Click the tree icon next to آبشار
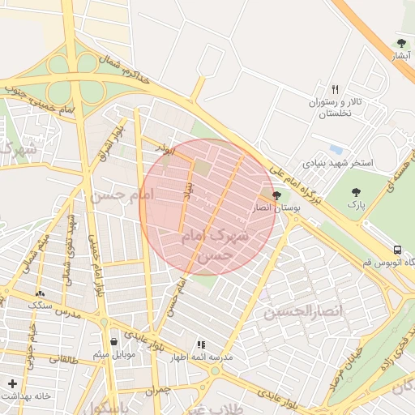click(x=401, y=43)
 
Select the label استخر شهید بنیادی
click(x=339, y=163)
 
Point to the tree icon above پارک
click(x=356, y=192)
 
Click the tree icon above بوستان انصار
click(x=277, y=195)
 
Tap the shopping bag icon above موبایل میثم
click(x=113, y=341)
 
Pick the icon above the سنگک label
click(x=40, y=293)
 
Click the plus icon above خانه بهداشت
click(x=11, y=383)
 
